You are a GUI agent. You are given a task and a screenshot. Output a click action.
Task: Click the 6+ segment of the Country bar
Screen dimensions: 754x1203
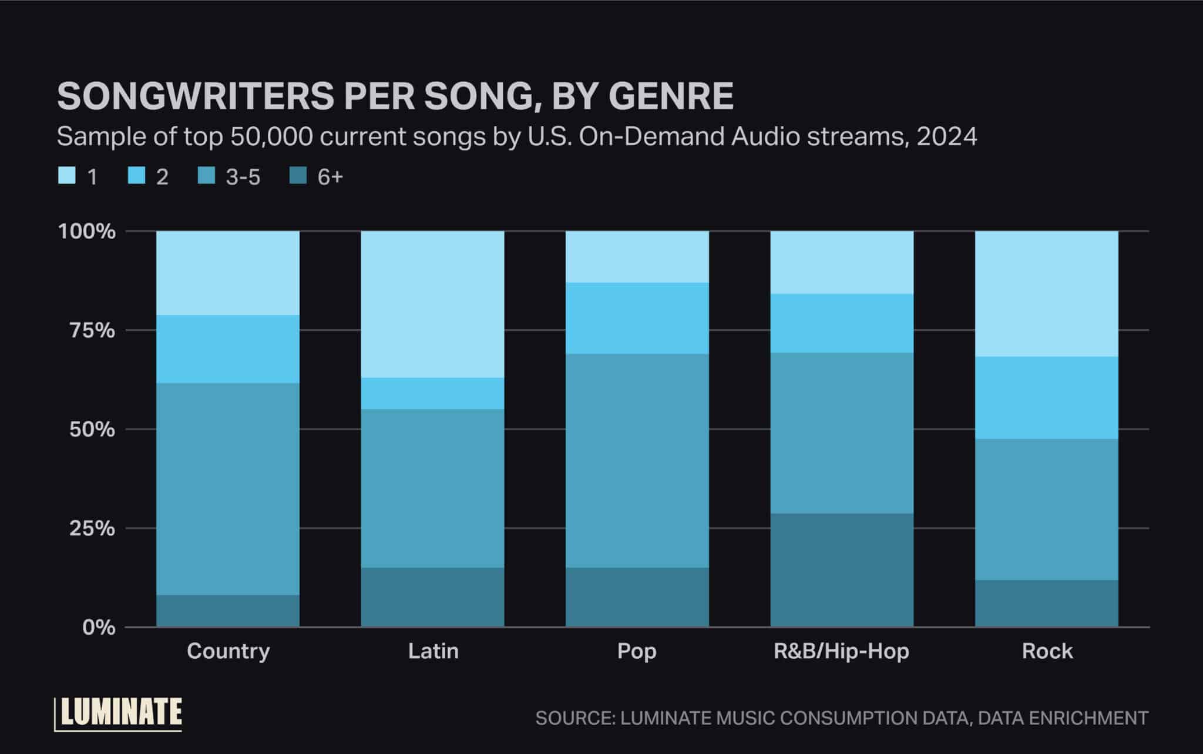click(227, 611)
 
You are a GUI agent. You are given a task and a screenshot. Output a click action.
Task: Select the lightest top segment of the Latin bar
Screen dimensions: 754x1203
click(432, 304)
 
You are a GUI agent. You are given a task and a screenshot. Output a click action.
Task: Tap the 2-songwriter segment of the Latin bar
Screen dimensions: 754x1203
click(432, 393)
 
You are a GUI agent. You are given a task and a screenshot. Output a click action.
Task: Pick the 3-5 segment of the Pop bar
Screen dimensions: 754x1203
click(637, 460)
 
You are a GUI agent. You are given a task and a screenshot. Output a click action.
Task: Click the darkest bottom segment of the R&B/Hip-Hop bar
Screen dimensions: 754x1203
click(842, 570)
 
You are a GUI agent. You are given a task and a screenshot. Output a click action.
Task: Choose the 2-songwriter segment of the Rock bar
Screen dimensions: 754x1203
click(1047, 398)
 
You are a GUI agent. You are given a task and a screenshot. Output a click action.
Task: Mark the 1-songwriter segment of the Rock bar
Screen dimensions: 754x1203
click(1047, 294)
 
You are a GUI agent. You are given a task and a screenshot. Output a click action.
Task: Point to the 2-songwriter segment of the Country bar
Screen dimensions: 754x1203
click(227, 349)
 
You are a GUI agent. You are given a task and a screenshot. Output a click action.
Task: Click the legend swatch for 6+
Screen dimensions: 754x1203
click(298, 176)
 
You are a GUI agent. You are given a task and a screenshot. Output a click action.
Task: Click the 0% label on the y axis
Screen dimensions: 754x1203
click(99, 628)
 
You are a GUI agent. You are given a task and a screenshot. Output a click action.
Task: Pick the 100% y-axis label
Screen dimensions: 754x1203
click(86, 231)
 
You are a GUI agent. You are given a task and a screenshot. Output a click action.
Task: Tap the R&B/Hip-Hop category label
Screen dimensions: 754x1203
click(841, 651)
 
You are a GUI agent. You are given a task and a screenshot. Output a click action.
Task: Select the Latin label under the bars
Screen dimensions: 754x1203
click(433, 651)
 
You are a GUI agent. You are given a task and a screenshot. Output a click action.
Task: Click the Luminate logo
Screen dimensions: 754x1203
click(118, 714)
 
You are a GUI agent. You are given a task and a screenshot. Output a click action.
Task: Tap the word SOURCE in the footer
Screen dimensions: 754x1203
click(572, 718)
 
